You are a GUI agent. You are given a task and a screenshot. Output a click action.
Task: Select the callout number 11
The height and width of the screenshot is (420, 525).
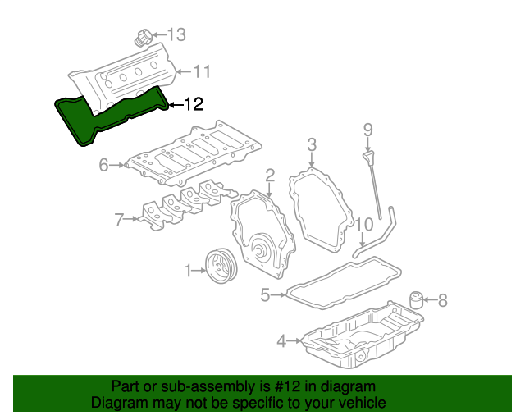coord(201,72)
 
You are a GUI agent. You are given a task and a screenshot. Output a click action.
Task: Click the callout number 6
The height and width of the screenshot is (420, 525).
coord(103,166)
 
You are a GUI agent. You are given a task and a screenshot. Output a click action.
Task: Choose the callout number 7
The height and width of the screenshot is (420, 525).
coord(120,219)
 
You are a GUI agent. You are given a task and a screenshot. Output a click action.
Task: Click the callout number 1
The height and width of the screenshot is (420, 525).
coord(188,270)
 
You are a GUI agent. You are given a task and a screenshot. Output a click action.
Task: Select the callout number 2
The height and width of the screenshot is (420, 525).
coord(269,174)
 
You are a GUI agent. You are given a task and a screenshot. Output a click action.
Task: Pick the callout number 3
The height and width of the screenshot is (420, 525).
coord(312,145)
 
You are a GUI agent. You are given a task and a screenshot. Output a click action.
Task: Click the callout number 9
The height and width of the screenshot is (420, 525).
coord(368,129)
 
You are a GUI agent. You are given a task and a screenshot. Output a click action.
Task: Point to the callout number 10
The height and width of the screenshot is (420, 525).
coord(364,223)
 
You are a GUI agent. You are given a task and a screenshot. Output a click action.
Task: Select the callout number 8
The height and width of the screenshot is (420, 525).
coord(443,301)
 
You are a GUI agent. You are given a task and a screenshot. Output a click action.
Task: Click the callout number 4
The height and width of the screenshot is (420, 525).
coord(281,340)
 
